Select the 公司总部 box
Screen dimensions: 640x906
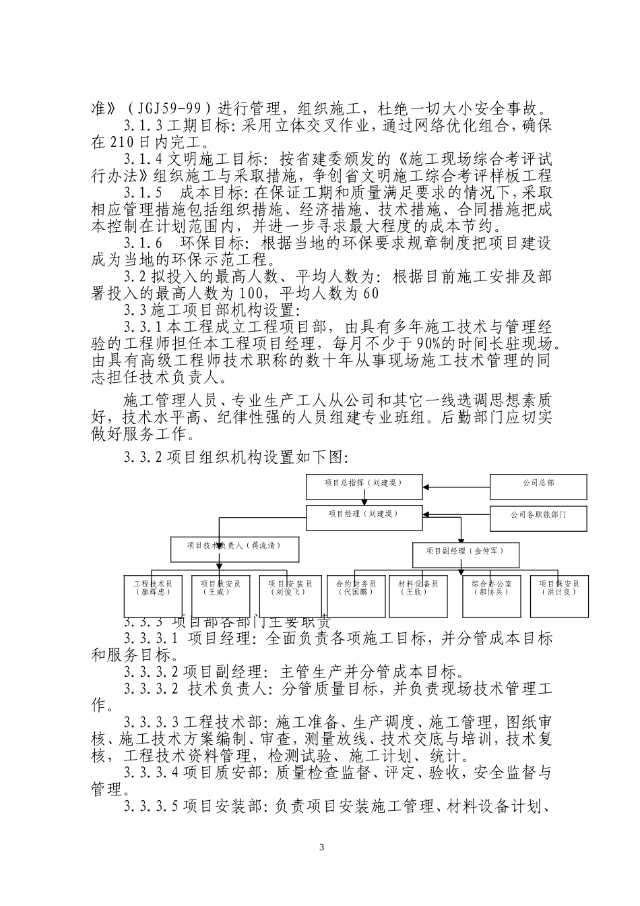pyautogui.click(x=538, y=487)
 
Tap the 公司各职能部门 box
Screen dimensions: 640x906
pyautogui.click(x=538, y=518)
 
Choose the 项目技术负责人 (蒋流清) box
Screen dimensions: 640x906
pyautogui.click(x=234, y=549)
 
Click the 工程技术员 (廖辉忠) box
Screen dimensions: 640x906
pyautogui.click(x=153, y=595)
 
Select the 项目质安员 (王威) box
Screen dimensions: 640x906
pyautogui.click(x=220, y=595)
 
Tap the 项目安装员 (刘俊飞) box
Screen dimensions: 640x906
pyautogui.click(x=287, y=595)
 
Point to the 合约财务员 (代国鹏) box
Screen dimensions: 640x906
pyautogui.click(x=355, y=595)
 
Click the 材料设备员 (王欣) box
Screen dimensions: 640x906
pyautogui.click(x=418, y=595)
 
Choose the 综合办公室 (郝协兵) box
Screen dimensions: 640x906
pyautogui.click(x=491, y=595)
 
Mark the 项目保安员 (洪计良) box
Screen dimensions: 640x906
pyautogui.click(x=559, y=595)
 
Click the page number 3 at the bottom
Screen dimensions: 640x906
pyautogui.click(x=321, y=847)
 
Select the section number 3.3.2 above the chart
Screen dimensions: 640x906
pyautogui.click(x=143, y=458)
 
